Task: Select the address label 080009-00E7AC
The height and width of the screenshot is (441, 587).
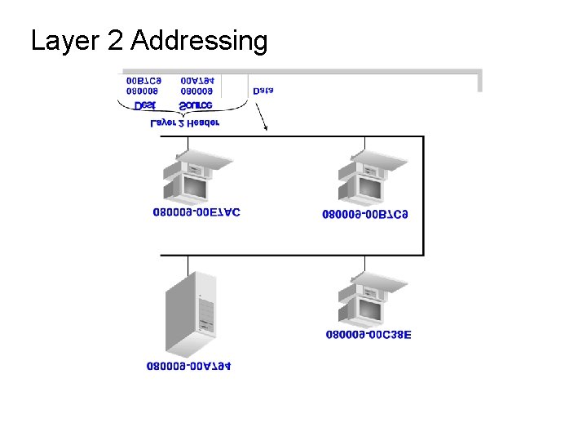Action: (x=196, y=212)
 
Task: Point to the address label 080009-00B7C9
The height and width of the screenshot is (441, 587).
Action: (x=365, y=215)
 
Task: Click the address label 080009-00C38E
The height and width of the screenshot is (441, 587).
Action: (x=369, y=334)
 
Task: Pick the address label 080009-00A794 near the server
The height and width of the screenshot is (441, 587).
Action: (x=188, y=366)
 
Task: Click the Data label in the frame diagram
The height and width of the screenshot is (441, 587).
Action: (x=263, y=91)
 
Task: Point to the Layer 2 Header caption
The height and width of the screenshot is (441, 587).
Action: (x=185, y=123)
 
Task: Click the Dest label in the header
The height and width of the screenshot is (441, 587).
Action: (x=144, y=105)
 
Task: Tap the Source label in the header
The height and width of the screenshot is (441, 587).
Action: (x=196, y=105)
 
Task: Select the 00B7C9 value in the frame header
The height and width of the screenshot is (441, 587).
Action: (x=144, y=81)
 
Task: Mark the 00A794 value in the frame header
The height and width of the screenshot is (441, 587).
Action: (x=197, y=81)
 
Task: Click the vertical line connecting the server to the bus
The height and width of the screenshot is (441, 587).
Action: (x=188, y=265)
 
